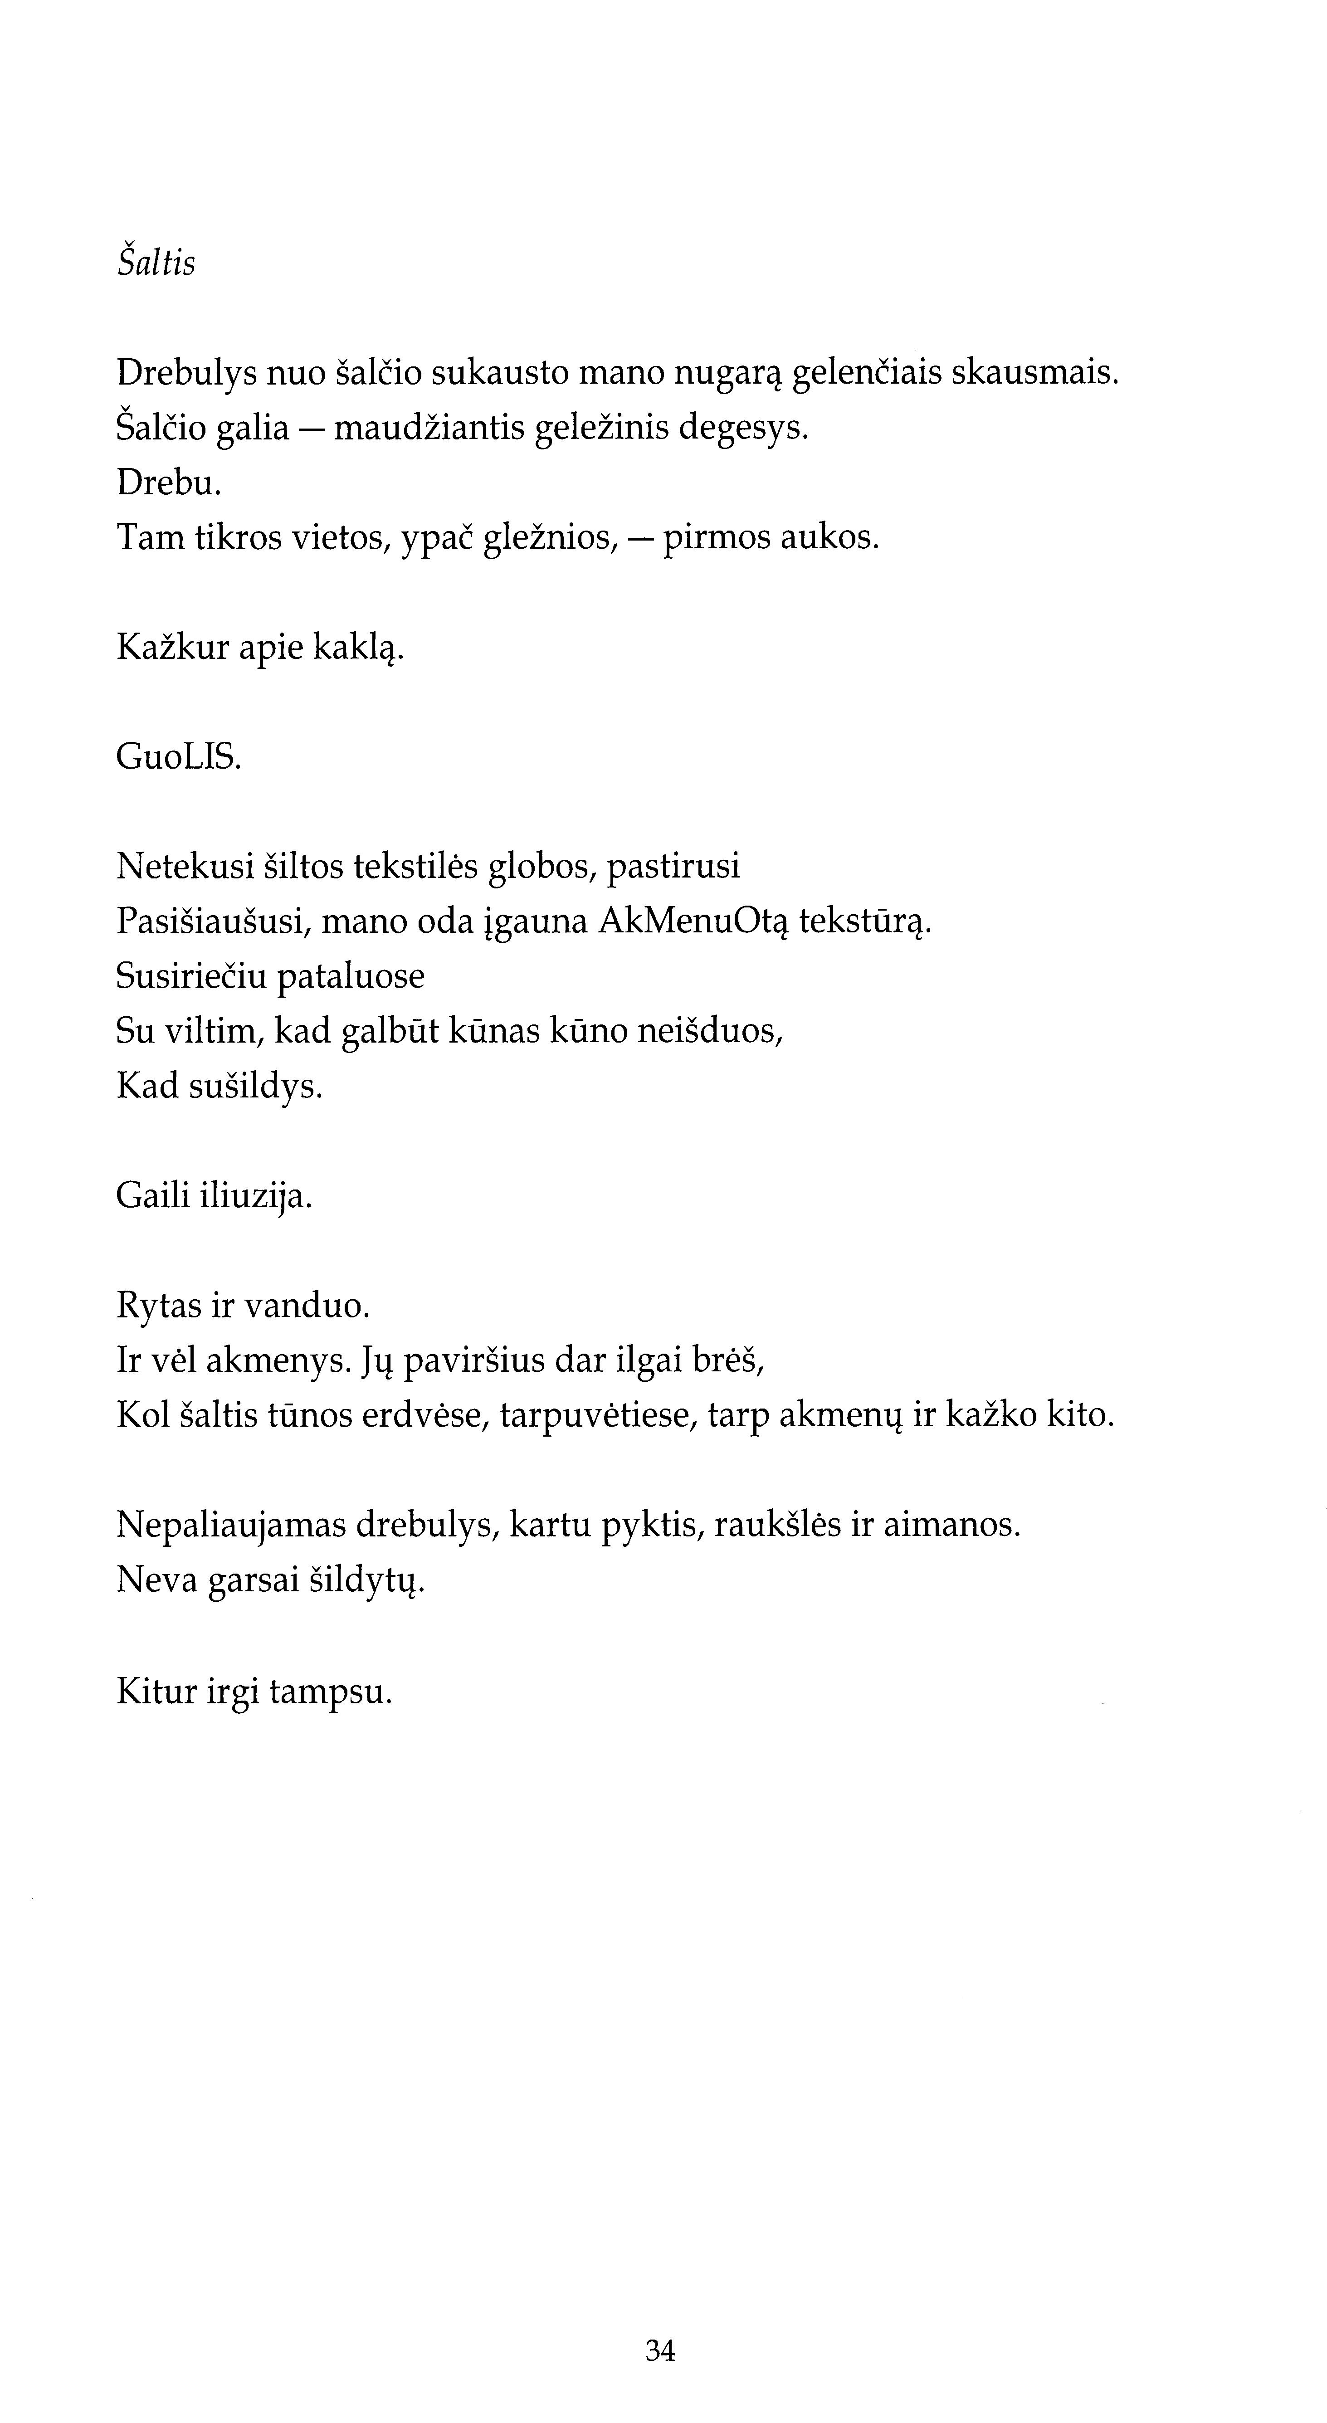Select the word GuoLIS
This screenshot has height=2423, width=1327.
179,757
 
